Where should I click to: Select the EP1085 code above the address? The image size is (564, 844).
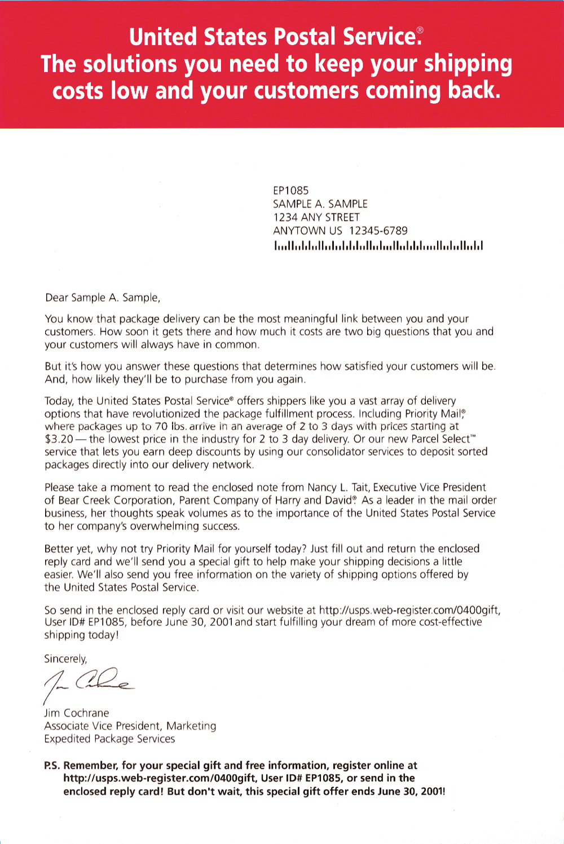(291, 191)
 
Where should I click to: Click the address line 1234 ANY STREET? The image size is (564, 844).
(316, 217)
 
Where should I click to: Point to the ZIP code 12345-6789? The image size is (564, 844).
(378, 231)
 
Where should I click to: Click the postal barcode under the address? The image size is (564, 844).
(378, 245)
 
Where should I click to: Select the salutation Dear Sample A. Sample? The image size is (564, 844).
(103, 298)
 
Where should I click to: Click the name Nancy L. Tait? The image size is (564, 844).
(337, 488)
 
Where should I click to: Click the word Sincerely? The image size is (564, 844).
(65, 659)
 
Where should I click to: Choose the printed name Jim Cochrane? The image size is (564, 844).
(77, 713)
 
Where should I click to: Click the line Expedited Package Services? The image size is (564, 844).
(109, 739)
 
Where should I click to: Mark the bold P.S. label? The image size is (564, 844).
(52, 766)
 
